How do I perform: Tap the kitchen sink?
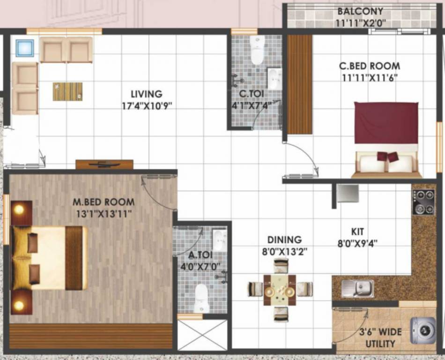coord(357,288)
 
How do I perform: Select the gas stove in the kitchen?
coord(423,202)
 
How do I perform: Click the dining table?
coord(280,289)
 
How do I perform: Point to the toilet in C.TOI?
coord(257,50)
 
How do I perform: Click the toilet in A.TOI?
coord(201,298)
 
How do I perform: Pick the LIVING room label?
coord(146,94)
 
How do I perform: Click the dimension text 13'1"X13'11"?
coord(104,214)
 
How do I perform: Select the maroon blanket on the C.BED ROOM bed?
coord(386,123)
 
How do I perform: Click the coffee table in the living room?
coord(67,91)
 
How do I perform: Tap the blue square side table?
coord(25,48)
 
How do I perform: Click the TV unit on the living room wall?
coord(104,165)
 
